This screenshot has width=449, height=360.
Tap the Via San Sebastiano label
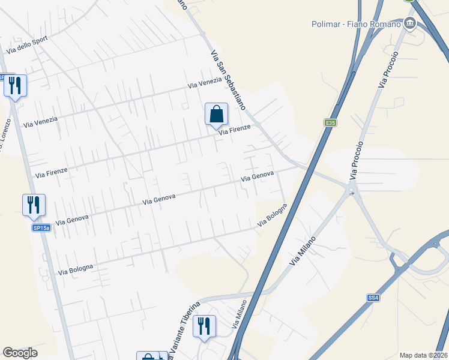coord(228,79)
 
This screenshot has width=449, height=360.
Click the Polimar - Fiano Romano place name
coord(356,24)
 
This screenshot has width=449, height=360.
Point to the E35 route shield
coord(330,123)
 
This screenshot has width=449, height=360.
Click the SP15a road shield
coord(41,228)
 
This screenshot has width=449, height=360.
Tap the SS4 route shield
coord(374,298)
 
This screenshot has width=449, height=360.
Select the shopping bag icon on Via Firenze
coord(216,114)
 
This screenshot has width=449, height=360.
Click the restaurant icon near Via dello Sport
coord(15,86)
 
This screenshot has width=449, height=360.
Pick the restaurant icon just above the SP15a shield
coord(34,205)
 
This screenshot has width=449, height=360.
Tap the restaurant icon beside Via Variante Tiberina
coord(205,326)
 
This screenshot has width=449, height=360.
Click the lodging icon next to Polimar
coord(410,23)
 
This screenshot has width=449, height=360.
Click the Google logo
coord(20,353)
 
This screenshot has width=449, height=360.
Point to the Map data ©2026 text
coord(423,355)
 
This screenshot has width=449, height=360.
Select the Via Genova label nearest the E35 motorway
coord(257,176)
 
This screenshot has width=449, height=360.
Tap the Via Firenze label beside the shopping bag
coord(234,130)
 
